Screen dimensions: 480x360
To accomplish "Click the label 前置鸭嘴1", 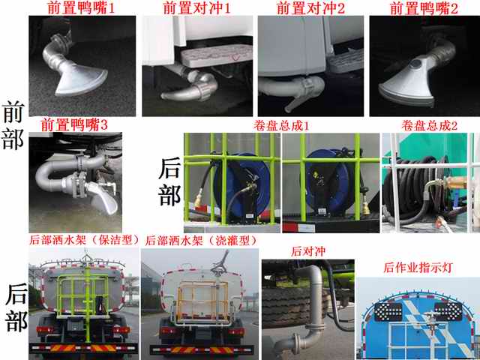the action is click(x=81, y=7).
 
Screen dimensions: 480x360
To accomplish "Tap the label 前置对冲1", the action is click(x=196, y=7).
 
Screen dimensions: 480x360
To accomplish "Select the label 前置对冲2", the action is click(x=310, y=7).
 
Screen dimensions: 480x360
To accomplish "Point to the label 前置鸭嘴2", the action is click(x=424, y=7).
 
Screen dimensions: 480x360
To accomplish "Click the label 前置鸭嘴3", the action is click(x=74, y=125).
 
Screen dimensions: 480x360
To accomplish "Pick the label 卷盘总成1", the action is click(x=281, y=125).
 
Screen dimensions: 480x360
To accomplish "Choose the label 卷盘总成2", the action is click(x=430, y=125).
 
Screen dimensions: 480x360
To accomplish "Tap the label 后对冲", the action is click(x=308, y=251).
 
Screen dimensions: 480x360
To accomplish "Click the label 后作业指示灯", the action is click(x=418, y=267).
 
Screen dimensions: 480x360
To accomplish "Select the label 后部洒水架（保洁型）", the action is click(x=84, y=240).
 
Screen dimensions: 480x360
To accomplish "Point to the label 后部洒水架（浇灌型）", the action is click(x=202, y=241).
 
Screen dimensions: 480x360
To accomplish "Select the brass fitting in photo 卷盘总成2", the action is click(x=453, y=183).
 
